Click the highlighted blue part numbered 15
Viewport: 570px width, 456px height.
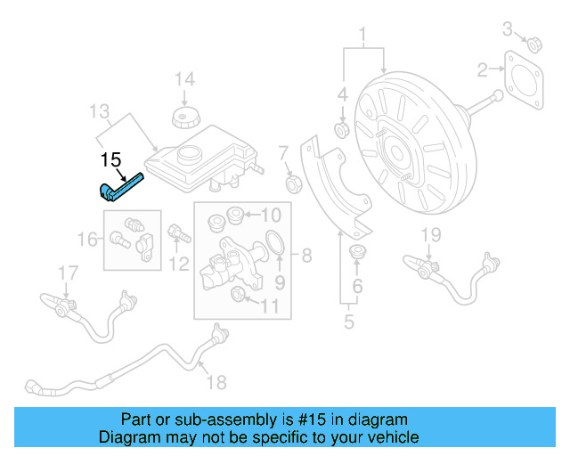click(x=119, y=187)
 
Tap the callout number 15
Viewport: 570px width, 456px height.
click(x=110, y=160)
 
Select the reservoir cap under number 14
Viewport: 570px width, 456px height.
click(x=184, y=118)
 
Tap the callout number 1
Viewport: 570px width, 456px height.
click(x=363, y=37)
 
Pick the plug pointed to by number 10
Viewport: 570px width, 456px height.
click(x=235, y=215)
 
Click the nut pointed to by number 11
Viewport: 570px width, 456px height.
click(x=239, y=296)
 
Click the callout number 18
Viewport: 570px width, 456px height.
click(x=216, y=382)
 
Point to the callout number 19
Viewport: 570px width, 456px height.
click(x=431, y=235)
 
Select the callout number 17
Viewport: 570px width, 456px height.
click(x=69, y=272)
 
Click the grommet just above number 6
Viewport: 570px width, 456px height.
click(x=359, y=251)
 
